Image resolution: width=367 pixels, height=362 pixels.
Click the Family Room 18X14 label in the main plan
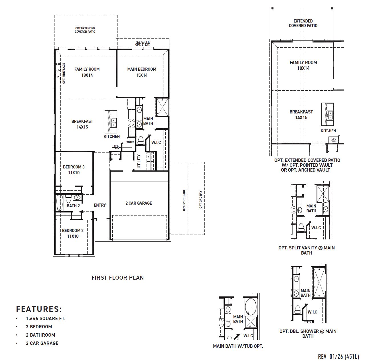(87, 72)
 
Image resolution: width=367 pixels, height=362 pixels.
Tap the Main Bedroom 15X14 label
(142, 72)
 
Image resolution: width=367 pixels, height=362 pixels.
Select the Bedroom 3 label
(74, 170)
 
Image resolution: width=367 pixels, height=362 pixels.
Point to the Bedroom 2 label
(73, 233)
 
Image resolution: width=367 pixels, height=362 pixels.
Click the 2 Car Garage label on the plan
(139, 203)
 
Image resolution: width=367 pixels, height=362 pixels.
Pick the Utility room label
(139, 162)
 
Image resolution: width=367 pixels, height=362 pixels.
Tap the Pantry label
(130, 142)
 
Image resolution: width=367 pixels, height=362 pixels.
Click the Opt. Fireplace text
(64, 73)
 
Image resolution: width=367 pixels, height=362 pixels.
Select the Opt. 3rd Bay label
(200, 200)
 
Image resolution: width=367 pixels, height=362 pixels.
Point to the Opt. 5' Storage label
(184, 200)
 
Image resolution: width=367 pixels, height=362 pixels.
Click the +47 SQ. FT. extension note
(143, 42)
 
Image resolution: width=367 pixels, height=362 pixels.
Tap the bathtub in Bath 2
(60, 203)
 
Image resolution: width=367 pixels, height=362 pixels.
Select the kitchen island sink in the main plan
(114, 123)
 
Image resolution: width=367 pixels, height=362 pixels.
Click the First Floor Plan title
(117, 278)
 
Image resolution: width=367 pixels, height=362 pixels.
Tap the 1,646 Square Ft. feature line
(46, 318)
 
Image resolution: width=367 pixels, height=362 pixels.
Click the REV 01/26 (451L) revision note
(338, 357)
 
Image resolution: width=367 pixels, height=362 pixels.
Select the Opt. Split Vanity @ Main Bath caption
(307, 250)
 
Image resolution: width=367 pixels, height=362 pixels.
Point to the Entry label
(100, 205)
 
